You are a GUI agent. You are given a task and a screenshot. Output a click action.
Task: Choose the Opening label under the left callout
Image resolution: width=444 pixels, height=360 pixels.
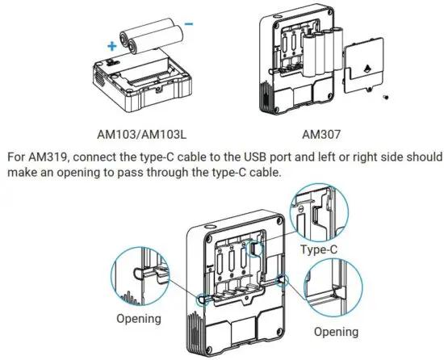pos(140,318)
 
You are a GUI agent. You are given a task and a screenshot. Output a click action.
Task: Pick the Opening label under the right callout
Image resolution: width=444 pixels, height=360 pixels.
pos(336,331)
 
